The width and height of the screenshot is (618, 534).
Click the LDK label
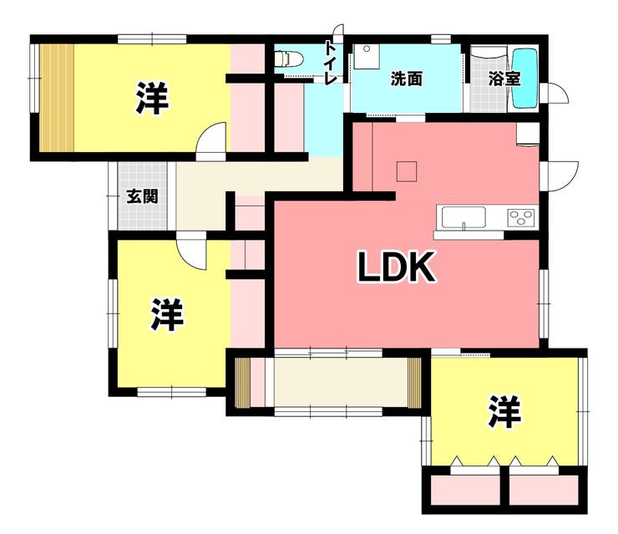397,268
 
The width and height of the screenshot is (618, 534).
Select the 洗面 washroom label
406,79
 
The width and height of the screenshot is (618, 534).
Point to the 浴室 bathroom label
505,79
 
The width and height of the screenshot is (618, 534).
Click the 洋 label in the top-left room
152,99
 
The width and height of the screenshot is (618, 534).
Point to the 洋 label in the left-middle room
167,315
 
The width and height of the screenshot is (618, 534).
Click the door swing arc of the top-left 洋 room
214,139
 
